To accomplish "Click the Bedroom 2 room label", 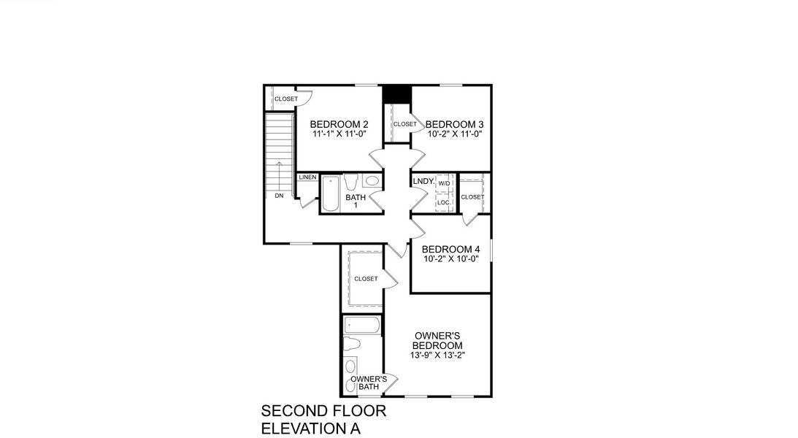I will (339, 124).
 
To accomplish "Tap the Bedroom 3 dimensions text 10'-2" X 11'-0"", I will (455, 134).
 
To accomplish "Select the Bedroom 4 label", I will (450, 248).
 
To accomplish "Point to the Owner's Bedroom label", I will (437, 340).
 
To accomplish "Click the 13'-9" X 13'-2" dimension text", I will (437, 356).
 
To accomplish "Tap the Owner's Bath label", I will (368, 383).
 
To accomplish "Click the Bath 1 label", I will (356, 201).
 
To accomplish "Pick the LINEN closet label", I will (307, 178).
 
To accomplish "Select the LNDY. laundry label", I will (423, 181).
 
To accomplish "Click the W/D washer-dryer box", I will (444, 183).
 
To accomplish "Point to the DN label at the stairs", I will (279, 196).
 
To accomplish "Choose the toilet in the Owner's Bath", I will (352, 345).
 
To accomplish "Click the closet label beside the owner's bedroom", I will (366, 279).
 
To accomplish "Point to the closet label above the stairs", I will (286, 99).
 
